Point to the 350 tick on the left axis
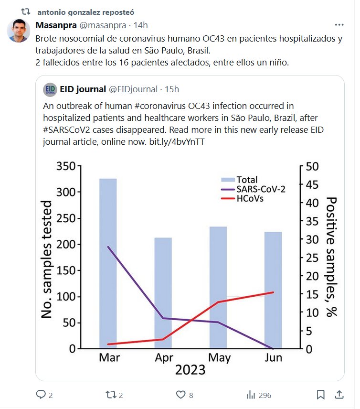(x=65, y=166)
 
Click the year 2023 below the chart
(x=190, y=370)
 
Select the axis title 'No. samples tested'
(x=47, y=259)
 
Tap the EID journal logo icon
(x=50, y=89)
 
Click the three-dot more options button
(x=339, y=25)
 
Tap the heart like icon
(x=180, y=395)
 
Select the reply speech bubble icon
(x=41, y=395)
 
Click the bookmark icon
(x=321, y=395)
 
